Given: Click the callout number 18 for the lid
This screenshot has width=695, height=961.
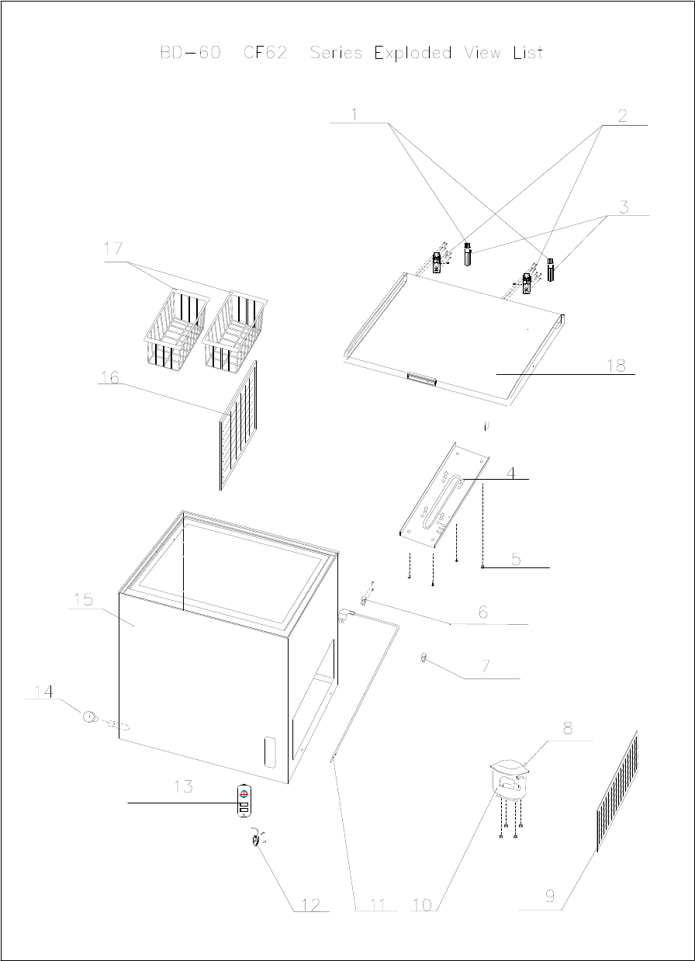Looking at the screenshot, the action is coord(616,366).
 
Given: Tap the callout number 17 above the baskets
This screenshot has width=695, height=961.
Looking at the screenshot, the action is coord(113,249).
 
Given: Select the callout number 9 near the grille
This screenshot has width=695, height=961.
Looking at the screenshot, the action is coord(550,897).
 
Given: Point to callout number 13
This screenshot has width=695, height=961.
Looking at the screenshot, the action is coord(183,787).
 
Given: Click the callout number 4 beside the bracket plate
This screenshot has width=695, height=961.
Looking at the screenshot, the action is coord(510,474).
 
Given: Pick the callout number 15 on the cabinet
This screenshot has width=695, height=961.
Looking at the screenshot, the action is coord(83,599).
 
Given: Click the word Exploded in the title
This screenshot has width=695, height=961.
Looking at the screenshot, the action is coord(413,53).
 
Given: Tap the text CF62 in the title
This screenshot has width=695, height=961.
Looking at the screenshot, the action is coord(265,52).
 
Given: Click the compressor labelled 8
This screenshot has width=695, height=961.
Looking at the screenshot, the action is coord(510,779).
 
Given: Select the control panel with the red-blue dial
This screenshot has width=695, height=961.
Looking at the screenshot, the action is coord(244,800).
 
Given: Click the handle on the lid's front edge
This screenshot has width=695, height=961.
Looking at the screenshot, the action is coord(422,379).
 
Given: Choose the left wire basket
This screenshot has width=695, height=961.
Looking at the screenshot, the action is coord(177,329).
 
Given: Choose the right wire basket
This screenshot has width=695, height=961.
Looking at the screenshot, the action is coord(234,332).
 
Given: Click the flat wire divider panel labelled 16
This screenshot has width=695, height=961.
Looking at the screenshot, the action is coord(238,425).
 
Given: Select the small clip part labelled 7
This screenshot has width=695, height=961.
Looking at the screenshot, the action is coord(424,657).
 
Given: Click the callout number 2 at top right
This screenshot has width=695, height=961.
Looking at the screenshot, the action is coord(623,116).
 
